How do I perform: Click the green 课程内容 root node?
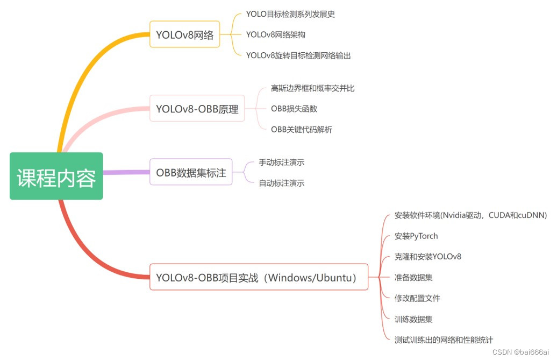tap(56, 176)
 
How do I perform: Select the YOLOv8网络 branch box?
tap(184, 35)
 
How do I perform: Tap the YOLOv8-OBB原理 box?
tap(197, 109)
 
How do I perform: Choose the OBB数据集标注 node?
tap(191, 172)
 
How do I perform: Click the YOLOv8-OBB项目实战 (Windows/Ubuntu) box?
tap(259, 278)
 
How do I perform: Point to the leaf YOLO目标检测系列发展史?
tap(290, 14)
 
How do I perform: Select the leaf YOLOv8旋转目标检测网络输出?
tap(298, 55)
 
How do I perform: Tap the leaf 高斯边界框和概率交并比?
tap(312, 88)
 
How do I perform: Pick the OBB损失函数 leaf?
tap(294, 109)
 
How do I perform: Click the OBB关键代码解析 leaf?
tap(301, 130)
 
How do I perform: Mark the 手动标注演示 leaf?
tap(282, 162)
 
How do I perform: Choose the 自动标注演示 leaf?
tap(282, 183)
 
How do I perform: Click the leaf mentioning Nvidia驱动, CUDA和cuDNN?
tap(470, 215)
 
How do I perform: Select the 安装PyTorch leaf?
tap(416, 236)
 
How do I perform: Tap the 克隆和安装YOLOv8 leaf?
tap(427, 257)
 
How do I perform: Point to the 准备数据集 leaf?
tap(413, 278)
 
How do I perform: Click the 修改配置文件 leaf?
tap(417, 298)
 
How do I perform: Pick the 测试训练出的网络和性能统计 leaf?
tap(444, 340)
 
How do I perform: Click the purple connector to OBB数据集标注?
tap(126, 172)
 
